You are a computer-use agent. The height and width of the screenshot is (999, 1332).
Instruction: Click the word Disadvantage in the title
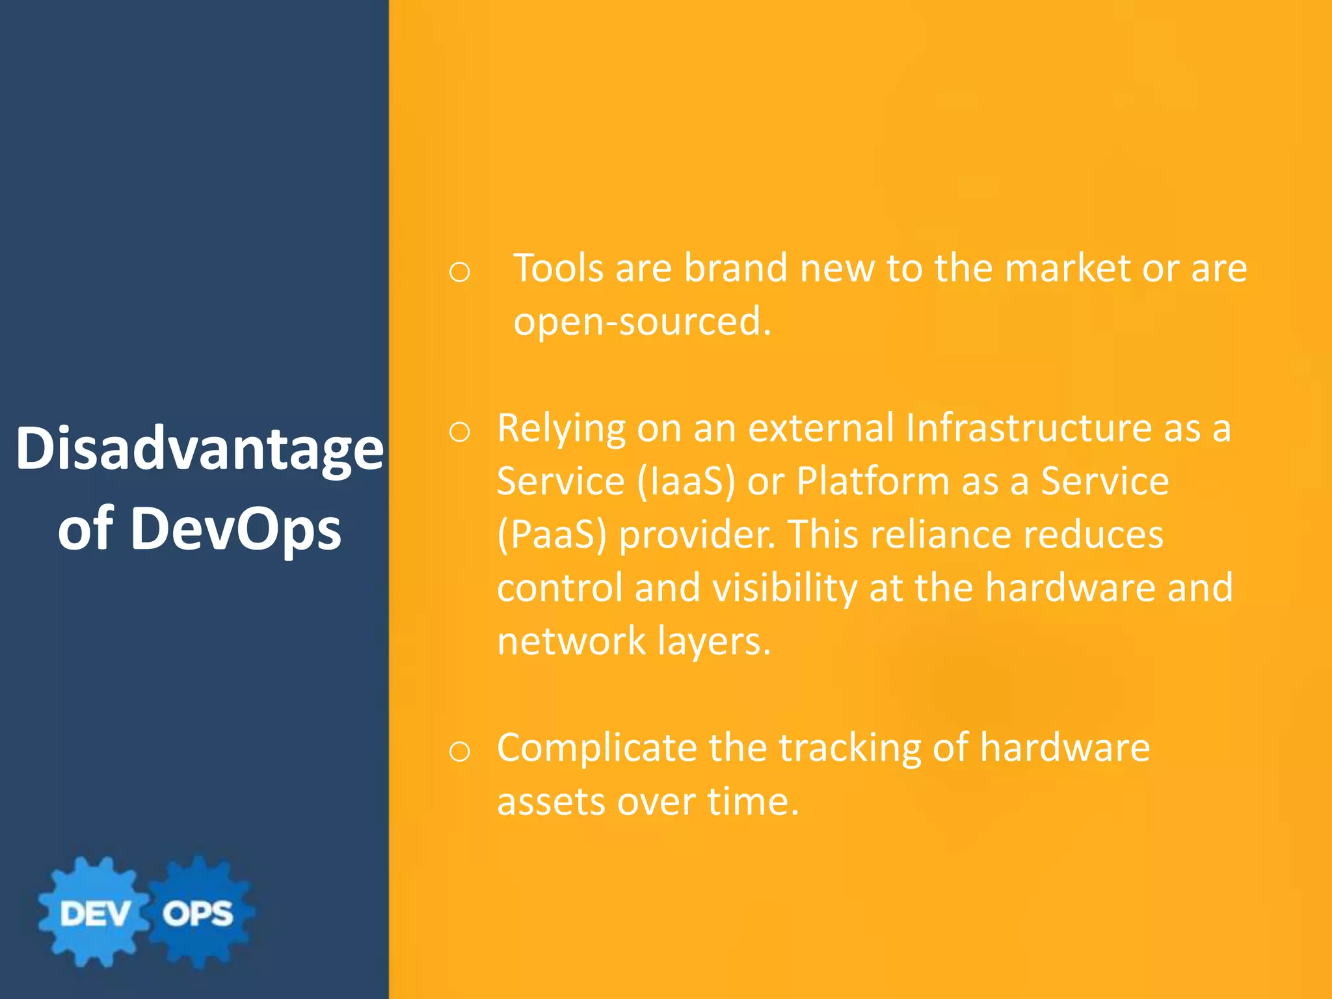[199, 449]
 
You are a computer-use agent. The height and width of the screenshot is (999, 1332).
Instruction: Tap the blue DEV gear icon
[94, 912]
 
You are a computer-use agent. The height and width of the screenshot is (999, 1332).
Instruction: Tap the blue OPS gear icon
[198, 912]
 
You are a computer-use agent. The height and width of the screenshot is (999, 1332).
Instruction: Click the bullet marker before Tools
[459, 273]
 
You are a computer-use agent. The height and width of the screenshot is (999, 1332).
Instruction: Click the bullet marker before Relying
[459, 432]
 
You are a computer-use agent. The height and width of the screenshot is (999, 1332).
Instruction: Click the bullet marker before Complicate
[459, 752]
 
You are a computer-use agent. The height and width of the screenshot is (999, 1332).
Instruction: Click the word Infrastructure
[1028, 428]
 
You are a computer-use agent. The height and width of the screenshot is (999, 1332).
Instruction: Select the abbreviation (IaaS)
[686, 481]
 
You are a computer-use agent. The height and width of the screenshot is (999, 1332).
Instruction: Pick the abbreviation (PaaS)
[552, 535]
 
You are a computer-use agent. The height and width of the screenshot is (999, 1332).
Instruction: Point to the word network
[571, 641]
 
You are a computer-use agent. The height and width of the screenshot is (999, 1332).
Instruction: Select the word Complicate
[596, 748]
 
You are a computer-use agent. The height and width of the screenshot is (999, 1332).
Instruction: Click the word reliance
[940, 535]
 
